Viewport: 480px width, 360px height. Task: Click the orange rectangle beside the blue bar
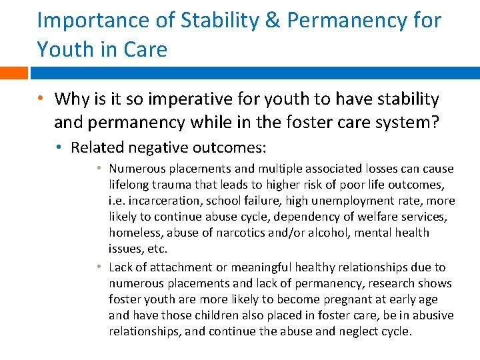14,73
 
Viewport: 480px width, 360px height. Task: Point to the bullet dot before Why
41,99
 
